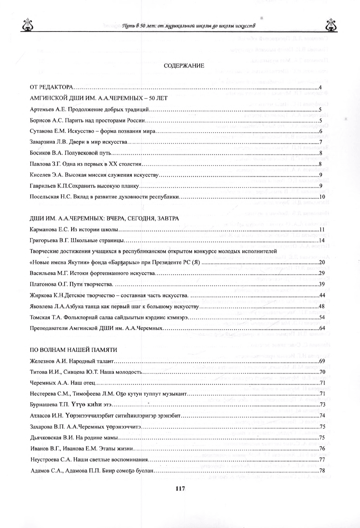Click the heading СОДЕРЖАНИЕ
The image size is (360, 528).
point(184,66)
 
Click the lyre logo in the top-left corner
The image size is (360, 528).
point(26,25)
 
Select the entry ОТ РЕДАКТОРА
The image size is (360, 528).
point(51,88)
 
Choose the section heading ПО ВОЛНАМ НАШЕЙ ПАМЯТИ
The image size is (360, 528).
point(73,350)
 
